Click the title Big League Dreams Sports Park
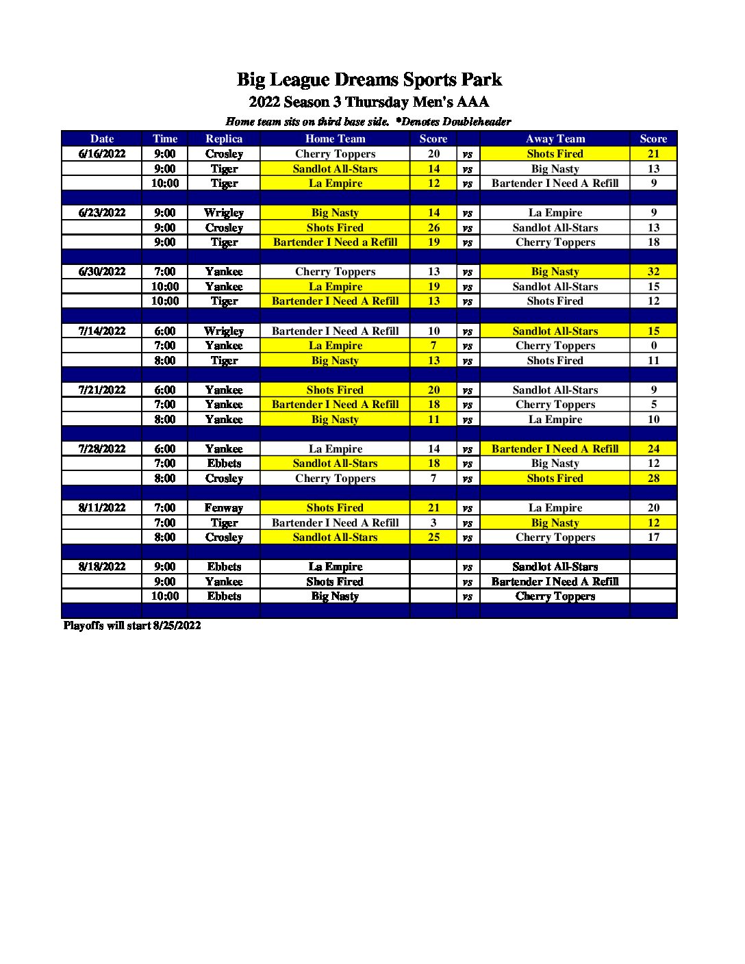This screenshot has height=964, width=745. [369, 80]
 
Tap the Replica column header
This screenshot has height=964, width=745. [224, 139]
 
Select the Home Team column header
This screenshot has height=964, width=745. [335, 139]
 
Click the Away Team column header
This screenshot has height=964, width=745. [555, 139]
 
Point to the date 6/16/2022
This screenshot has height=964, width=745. [102, 154]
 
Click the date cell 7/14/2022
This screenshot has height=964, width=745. [102, 331]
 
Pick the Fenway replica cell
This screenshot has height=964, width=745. [224, 508]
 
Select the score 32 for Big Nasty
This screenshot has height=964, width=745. [653, 272]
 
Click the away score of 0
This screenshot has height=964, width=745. [653, 346]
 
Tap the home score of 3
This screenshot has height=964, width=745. [433, 523]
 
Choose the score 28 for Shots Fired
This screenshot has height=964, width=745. [653, 479]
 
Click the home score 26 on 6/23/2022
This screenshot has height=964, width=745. [433, 228]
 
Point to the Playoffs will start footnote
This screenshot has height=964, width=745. [132, 626]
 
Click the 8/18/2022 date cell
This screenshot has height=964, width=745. [102, 567]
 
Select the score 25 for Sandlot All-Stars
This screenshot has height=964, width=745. [433, 537]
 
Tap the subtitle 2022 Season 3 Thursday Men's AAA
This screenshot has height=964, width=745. [369, 103]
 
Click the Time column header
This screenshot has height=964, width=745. [165, 139]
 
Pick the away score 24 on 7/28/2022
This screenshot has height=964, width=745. [653, 449]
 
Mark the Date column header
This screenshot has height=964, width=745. [102, 139]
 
